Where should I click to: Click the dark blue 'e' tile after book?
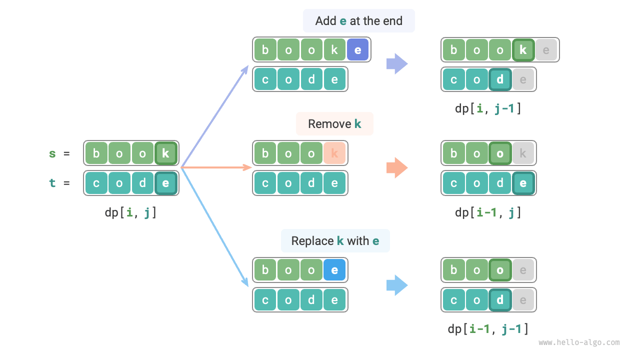357,50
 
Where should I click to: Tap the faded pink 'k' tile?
334,153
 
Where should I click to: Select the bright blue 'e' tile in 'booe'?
334,270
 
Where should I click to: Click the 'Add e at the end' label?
358,21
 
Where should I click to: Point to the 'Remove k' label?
334,124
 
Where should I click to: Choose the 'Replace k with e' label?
335,241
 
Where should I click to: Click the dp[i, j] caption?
130,212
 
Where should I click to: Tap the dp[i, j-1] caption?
488,108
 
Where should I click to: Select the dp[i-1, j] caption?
488,212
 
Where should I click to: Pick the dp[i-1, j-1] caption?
488,329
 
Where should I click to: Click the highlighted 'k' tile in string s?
165,153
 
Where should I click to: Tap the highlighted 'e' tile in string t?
165,183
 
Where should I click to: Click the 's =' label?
59,153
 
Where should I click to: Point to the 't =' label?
59,183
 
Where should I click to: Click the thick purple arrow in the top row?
397,64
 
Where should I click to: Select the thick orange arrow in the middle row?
397,168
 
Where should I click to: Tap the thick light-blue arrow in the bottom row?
397,285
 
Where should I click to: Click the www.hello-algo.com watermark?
579,342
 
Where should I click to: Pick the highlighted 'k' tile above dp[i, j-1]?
523,50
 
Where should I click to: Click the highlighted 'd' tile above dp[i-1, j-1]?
500,300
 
